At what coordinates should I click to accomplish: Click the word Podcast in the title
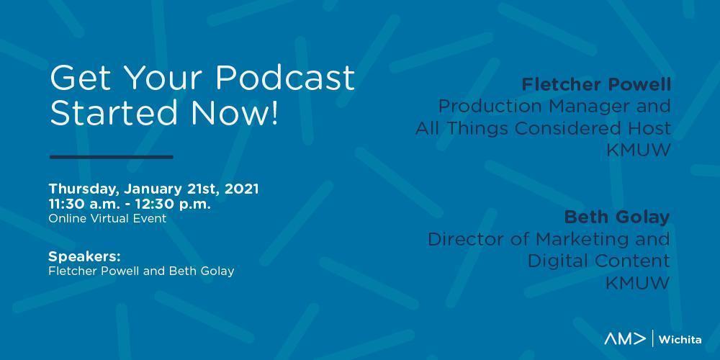tap(284, 78)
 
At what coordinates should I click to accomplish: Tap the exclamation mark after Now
tap(274, 112)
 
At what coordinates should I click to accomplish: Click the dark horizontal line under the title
tap(111, 157)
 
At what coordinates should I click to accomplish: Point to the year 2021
tap(241, 189)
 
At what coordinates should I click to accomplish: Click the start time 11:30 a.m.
tap(83, 204)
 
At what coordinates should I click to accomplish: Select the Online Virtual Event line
tap(107, 219)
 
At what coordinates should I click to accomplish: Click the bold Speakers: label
tap(84, 256)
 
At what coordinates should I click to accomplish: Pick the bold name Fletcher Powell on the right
tap(596, 84)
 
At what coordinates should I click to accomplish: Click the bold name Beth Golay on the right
tap(617, 217)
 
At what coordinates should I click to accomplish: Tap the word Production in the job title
tap(490, 107)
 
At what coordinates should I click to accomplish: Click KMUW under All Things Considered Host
tap(639, 150)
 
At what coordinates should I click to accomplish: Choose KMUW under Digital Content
tap(637, 283)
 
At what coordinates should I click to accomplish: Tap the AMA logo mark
tap(625, 339)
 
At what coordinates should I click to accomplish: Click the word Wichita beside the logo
tap(680, 340)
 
